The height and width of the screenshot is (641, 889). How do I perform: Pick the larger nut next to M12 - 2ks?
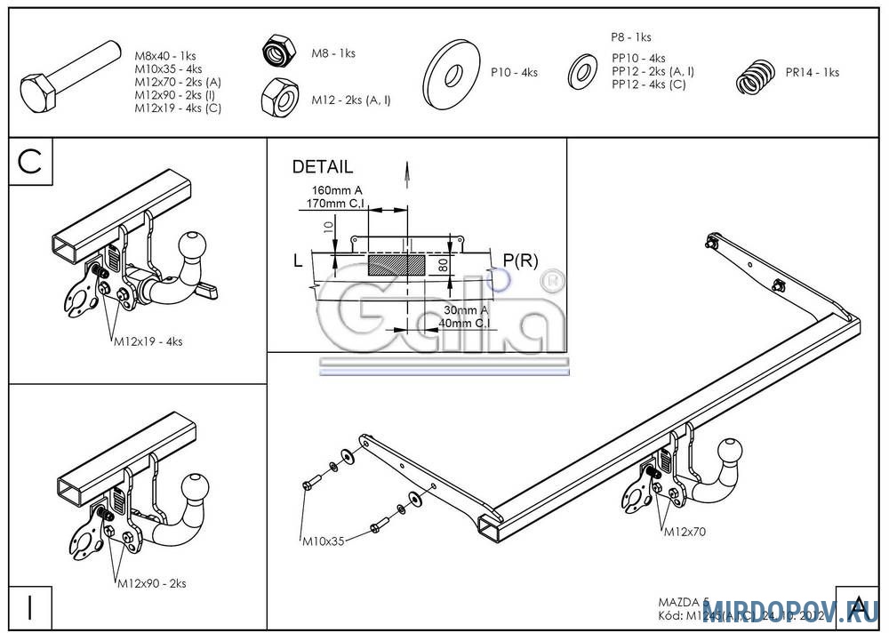tap(279, 97)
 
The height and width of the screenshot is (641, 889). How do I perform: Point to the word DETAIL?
tap(322, 166)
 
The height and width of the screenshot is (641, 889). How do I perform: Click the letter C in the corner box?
tap(30, 162)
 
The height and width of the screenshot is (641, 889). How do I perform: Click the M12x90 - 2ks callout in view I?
tap(151, 584)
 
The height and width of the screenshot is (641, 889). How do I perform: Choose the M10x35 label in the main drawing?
tap(323, 540)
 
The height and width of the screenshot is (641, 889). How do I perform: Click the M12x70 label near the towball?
tap(685, 532)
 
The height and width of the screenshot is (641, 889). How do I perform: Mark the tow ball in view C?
tap(194, 246)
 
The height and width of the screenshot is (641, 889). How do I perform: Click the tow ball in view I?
tap(196, 488)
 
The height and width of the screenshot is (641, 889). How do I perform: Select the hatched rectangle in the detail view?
tap(392, 264)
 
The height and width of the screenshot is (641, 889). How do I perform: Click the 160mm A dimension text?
tap(337, 190)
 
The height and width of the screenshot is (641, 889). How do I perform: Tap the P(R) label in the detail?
tap(521, 260)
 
